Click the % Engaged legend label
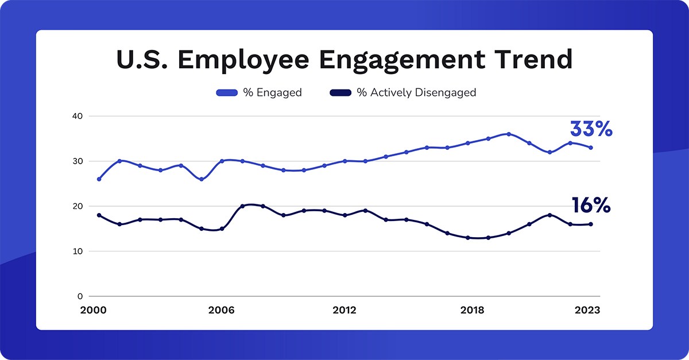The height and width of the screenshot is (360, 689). pyautogui.click(x=272, y=92)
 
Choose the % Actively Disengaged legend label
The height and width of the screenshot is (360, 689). pyautogui.click(x=416, y=92)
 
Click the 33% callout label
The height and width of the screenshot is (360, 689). pyautogui.click(x=591, y=129)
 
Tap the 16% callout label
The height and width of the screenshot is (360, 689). pyautogui.click(x=591, y=206)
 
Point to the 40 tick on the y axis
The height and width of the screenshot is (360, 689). pyautogui.click(x=78, y=116)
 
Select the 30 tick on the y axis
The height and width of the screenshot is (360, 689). pyautogui.click(x=78, y=161)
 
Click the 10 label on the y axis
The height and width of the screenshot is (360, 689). pyautogui.click(x=78, y=251)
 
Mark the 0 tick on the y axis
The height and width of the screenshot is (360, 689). pyautogui.click(x=80, y=296)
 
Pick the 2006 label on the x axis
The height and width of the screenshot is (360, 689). pyautogui.click(x=222, y=310)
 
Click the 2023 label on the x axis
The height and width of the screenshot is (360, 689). pyautogui.click(x=587, y=310)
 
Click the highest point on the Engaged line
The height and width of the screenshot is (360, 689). pyautogui.click(x=509, y=134)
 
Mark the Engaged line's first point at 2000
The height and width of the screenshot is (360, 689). pyautogui.click(x=99, y=179)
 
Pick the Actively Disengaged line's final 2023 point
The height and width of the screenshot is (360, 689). pyautogui.click(x=591, y=224)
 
